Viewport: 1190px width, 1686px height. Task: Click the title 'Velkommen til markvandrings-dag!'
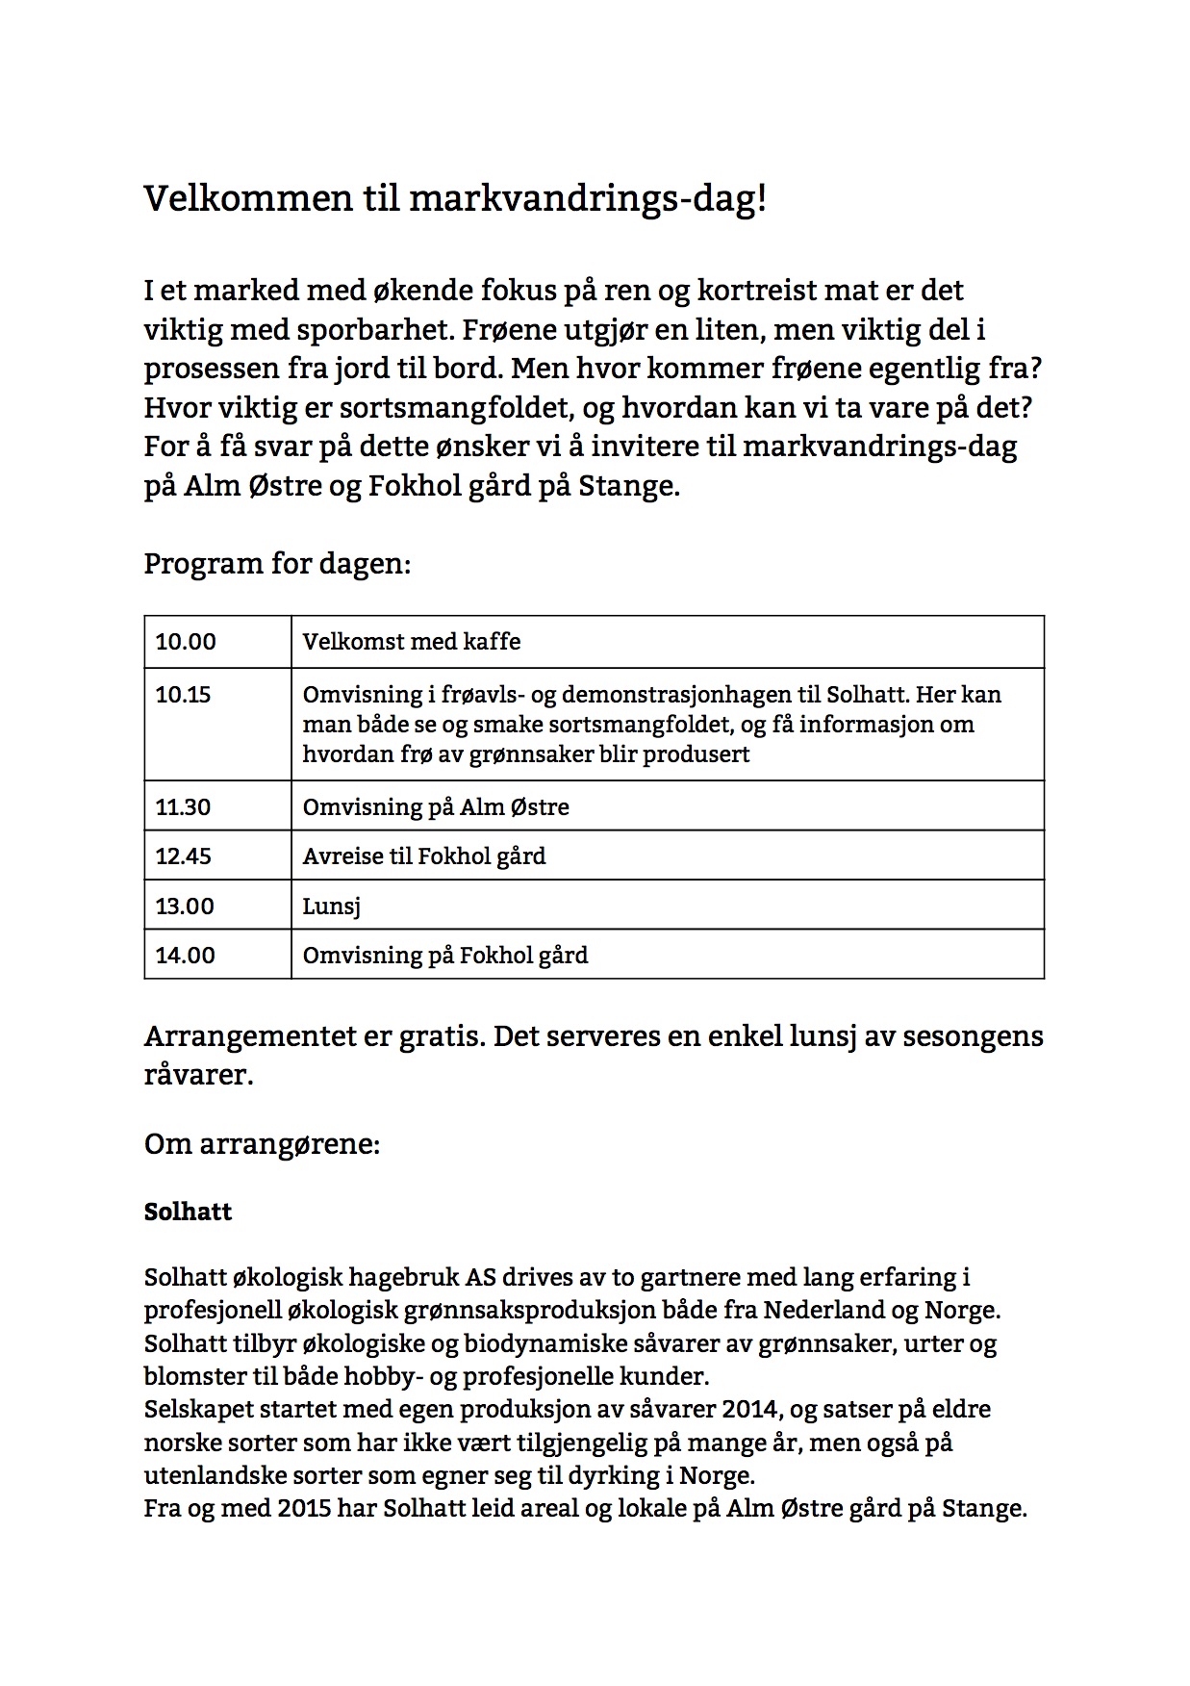[455, 199]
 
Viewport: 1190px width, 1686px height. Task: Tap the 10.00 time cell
[186, 642]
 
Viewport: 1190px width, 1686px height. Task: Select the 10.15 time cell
[183, 695]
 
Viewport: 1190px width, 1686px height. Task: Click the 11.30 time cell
[183, 806]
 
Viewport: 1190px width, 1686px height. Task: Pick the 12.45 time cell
[184, 856]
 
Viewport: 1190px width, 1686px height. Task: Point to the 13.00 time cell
[185, 906]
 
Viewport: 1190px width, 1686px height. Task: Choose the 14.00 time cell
[186, 956]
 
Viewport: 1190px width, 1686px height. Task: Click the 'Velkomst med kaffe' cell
[412, 642]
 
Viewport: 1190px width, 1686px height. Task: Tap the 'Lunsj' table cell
[331, 907]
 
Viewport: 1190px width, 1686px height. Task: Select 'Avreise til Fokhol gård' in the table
[424, 856]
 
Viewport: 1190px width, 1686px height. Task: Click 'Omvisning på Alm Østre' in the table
[436, 806]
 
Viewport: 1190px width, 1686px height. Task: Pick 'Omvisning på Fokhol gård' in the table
[445, 956]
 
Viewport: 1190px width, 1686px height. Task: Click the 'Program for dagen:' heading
[277, 563]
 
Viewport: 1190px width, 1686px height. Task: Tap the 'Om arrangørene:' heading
[262, 1144]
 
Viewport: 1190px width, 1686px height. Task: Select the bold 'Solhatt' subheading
[188, 1212]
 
